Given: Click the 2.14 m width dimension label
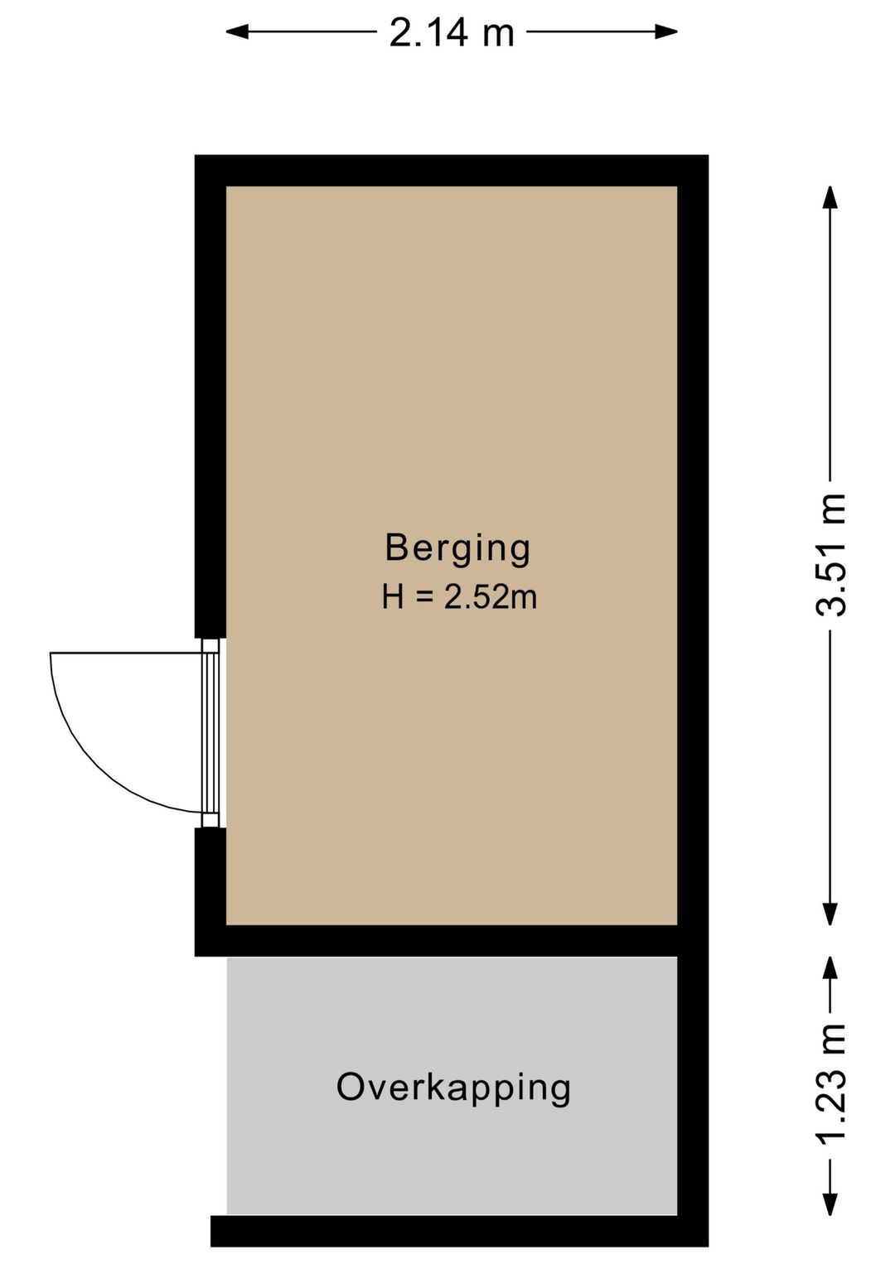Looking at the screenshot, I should tap(452, 33).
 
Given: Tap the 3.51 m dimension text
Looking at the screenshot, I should tap(831, 554).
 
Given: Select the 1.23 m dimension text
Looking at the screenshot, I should tap(831, 1084).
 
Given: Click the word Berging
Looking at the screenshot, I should tap(457, 548).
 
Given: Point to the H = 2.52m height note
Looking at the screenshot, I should tap(459, 596).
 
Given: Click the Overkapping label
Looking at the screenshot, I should tap(453, 1088).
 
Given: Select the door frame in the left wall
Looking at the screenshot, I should tap(210, 732).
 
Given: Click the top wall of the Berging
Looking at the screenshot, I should tap(452, 171).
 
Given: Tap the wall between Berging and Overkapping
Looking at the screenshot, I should tap(452, 941).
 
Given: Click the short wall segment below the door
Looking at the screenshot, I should tap(210, 878).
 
